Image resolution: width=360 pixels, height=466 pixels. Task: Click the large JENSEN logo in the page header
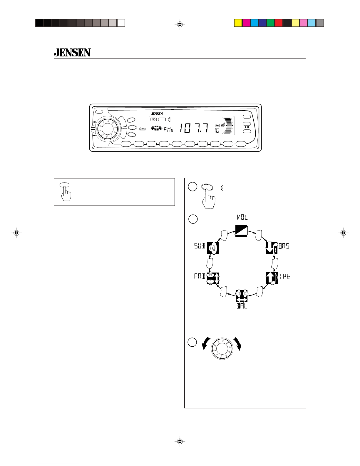click(72, 52)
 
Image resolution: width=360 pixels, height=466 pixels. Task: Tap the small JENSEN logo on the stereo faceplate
click(157, 114)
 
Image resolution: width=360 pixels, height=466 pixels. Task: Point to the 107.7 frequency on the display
click(194, 128)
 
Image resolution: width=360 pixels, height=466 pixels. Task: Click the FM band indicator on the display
click(168, 130)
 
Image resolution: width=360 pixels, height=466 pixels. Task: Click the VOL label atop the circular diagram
click(242, 217)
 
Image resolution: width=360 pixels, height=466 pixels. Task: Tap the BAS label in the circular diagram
click(284, 246)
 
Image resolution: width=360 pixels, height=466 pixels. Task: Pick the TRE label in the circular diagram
click(284, 276)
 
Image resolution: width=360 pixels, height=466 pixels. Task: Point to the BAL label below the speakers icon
click(242, 306)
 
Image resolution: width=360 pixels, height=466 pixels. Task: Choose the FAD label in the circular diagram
click(200, 276)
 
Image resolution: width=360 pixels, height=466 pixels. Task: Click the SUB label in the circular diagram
click(200, 246)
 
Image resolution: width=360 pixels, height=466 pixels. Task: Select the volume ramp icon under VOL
click(241, 231)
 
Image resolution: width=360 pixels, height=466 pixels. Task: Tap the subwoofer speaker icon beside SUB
click(213, 248)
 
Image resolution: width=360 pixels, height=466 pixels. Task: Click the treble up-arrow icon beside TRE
click(272, 278)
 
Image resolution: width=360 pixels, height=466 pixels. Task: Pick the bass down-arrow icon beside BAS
click(272, 248)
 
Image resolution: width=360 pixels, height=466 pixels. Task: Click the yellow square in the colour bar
click(238, 23)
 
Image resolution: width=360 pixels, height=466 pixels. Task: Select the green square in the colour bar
click(271, 23)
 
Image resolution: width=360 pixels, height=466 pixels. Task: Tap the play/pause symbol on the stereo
click(247, 127)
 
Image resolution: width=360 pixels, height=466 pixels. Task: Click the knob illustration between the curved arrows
click(222, 348)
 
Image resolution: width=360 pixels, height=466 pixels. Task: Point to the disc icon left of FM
click(156, 128)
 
